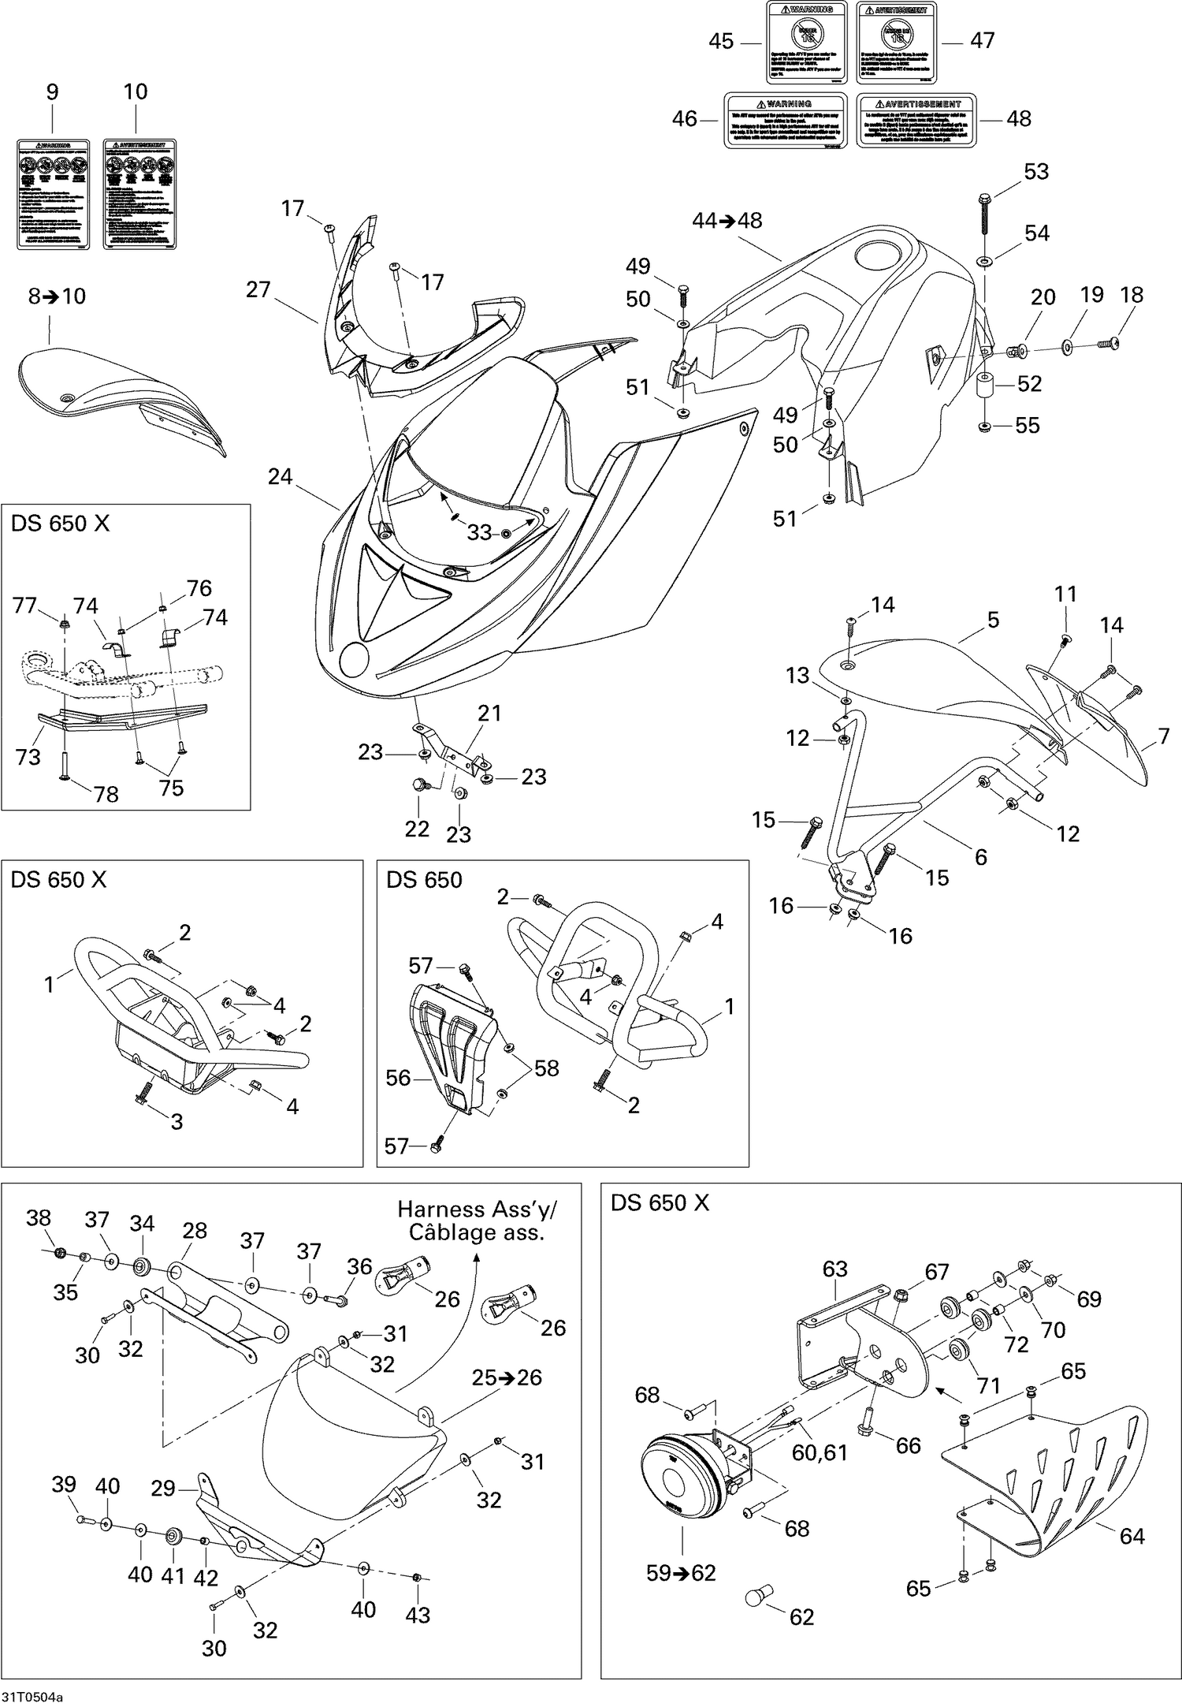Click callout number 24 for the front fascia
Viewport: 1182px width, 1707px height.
point(280,476)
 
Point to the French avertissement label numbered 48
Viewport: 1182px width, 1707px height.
point(915,120)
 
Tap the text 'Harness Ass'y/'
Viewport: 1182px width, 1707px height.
point(471,1209)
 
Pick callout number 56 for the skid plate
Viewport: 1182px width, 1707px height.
point(399,1077)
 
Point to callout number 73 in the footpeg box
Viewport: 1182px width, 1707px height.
point(28,757)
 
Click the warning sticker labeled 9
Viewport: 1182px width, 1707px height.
point(52,194)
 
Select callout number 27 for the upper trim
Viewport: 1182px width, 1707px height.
point(258,289)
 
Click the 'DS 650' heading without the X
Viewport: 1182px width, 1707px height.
point(424,880)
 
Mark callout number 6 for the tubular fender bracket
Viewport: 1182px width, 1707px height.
point(981,856)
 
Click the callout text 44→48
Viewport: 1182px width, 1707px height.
point(727,220)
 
